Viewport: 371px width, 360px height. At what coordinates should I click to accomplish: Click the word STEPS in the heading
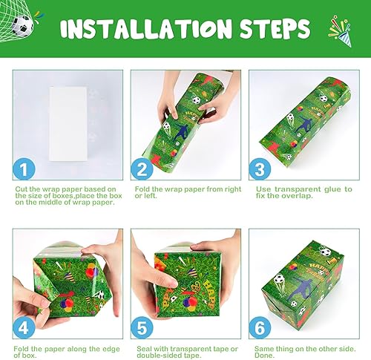272,29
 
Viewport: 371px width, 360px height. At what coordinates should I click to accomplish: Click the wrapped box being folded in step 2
185,119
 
